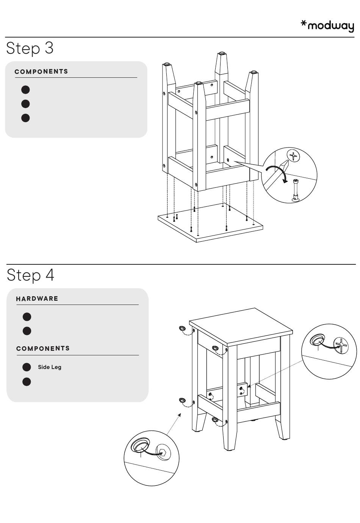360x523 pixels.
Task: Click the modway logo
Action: click(327, 26)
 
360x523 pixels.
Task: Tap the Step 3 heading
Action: click(30, 48)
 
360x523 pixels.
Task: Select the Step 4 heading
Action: click(30, 275)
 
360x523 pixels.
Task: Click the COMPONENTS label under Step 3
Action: click(41, 72)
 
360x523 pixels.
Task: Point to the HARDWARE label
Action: click(37, 299)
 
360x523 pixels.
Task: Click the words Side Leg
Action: click(49, 367)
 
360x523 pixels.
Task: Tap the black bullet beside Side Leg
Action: click(27, 367)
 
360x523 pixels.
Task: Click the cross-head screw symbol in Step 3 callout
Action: click(293, 155)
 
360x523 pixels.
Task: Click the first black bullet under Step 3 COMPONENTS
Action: click(25, 90)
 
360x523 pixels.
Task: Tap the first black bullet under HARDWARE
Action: click(27, 317)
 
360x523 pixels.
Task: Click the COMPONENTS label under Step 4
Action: click(43, 349)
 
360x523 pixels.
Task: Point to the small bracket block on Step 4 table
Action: click(242, 390)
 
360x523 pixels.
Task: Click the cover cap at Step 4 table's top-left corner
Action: click(182, 328)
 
